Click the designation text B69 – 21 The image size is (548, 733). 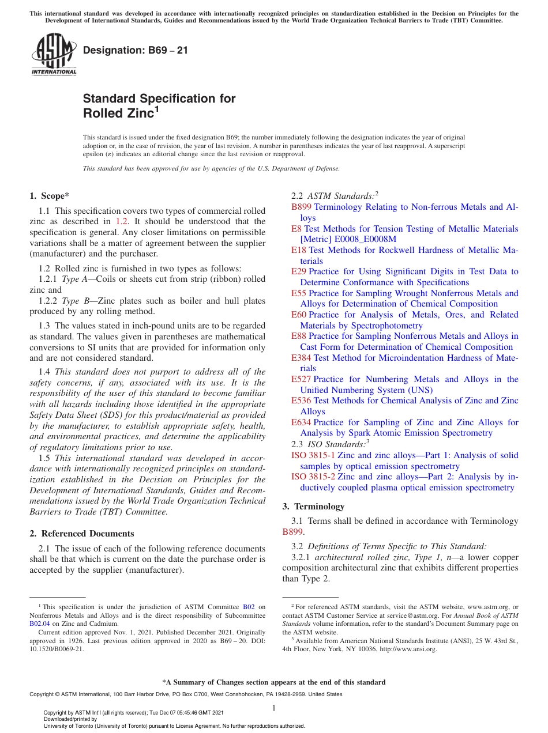(136, 50)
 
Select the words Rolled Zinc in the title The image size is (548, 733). (118, 114)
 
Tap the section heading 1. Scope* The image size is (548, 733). (50, 196)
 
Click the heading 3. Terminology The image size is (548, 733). (313, 507)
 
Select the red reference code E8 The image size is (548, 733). (296, 229)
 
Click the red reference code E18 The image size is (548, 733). (299, 250)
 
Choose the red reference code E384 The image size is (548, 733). (301, 358)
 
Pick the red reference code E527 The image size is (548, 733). (301, 379)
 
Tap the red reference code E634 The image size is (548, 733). (301, 422)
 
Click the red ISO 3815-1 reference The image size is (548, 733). (313, 455)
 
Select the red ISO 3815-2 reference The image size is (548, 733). (313, 477)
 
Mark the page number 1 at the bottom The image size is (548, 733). (274, 708)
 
